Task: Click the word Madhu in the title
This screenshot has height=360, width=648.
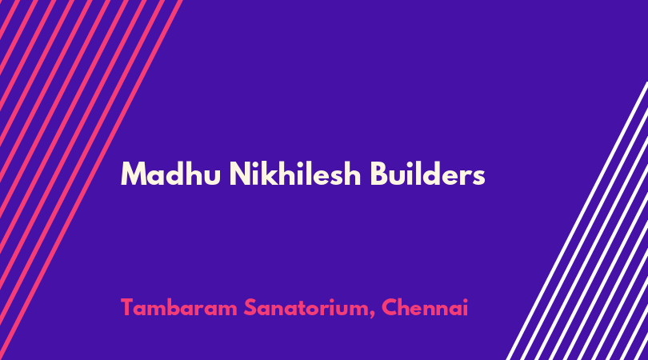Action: tap(170, 174)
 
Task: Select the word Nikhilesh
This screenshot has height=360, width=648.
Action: tap(295, 174)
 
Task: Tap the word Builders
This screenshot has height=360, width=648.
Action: tap(428, 174)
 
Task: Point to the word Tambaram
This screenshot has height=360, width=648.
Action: tap(179, 307)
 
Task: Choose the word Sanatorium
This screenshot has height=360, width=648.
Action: tap(307, 307)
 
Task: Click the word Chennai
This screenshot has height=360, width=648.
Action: tap(425, 307)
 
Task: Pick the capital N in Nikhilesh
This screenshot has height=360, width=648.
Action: tap(239, 174)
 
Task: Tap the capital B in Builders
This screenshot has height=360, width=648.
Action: tap(378, 174)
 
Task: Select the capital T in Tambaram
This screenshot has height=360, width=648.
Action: tap(127, 307)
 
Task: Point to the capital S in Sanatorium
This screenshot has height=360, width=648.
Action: tap(250, 307)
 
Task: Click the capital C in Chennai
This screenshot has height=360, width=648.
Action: tap(389, 307)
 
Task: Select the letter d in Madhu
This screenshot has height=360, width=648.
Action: tap(173, 173)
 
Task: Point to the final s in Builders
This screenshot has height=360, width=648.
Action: tap(479, 177)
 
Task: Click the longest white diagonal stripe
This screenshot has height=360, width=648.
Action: tap(578, 221)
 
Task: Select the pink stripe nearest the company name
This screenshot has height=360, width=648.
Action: tap(91, 180)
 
